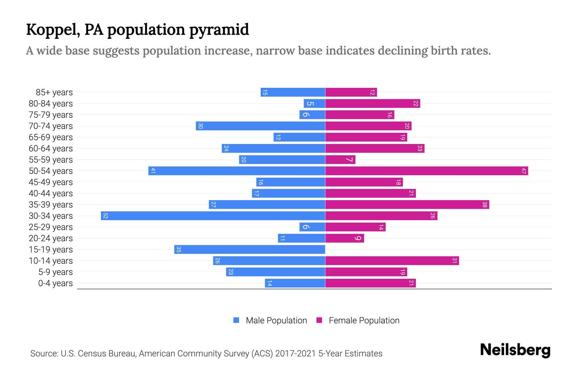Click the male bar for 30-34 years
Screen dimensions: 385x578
click(213, 216)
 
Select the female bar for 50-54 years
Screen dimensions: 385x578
click(426, 171)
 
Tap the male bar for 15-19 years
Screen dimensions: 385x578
click(250, 249)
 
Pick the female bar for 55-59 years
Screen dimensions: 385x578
click(340, 159)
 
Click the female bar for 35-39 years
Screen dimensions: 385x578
click(407, 204)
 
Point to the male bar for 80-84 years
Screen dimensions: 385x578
click(314, 103)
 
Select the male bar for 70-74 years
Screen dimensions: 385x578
click(260, 126)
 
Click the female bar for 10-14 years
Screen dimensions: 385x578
click(392, 261)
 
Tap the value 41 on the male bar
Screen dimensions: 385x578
click(153, 171)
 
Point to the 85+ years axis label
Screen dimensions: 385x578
click(54, 92)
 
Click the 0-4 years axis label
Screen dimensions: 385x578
click(55, 283)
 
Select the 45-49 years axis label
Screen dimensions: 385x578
click(51, 182)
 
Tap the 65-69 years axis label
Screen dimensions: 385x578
click(51, 137)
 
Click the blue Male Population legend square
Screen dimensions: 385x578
click(236, 320)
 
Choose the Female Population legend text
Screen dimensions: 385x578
click(364, 320)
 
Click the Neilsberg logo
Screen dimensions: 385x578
click(515, 350)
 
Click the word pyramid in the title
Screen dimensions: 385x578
click(219, 30)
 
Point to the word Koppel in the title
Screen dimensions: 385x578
click(53, 30)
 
